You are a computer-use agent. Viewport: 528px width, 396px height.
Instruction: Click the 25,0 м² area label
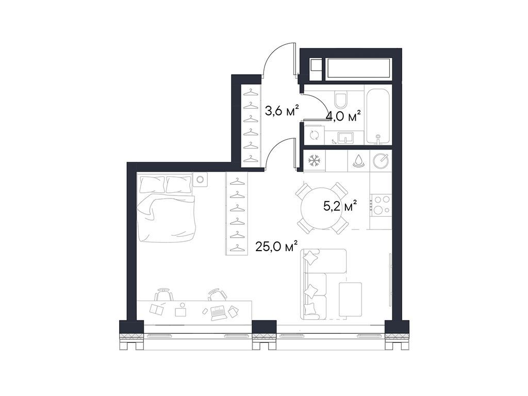(276, 247)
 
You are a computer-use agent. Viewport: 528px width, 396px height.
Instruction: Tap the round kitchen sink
(381, 161)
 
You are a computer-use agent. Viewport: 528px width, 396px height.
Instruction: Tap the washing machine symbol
(313, 136)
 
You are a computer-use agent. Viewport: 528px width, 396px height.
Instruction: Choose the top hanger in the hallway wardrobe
(251, 92)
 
